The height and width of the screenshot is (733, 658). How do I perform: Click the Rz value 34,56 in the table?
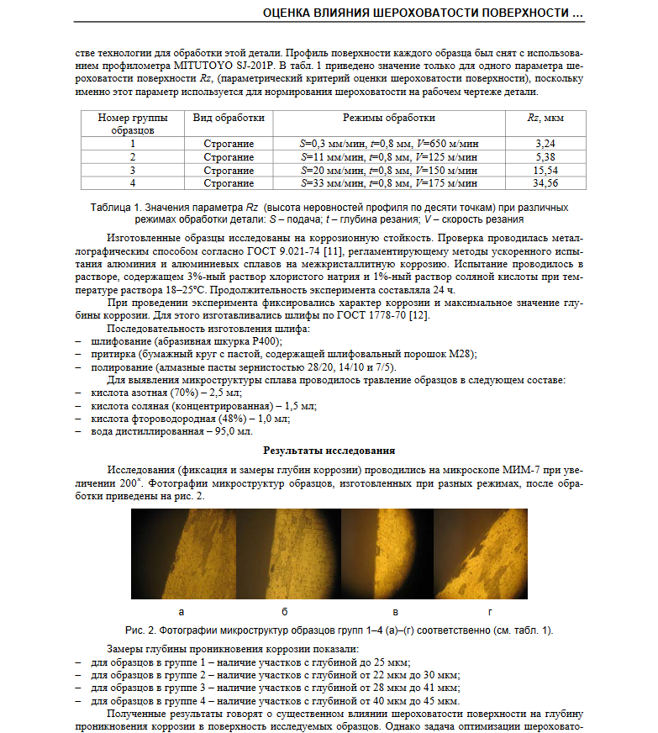pos(545,182)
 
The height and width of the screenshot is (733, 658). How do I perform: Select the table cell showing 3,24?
pos(545,144)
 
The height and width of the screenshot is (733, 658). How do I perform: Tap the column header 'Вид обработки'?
pos(229,119)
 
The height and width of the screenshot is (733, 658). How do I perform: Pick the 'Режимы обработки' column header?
pos(389,119)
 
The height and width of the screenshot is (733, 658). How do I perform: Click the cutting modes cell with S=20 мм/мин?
pos(389,170)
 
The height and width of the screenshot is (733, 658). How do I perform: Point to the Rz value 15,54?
pos(545,170)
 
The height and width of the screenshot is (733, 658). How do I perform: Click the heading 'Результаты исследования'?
pos(329,451)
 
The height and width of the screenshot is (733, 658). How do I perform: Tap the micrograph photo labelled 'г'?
pos(480,552)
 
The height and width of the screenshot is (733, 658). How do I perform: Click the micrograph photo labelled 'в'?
pos(387,552)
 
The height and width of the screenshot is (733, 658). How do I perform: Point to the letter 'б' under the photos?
pos(286,611)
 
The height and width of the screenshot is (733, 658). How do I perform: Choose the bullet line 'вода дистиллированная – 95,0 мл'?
pos(171,431)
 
